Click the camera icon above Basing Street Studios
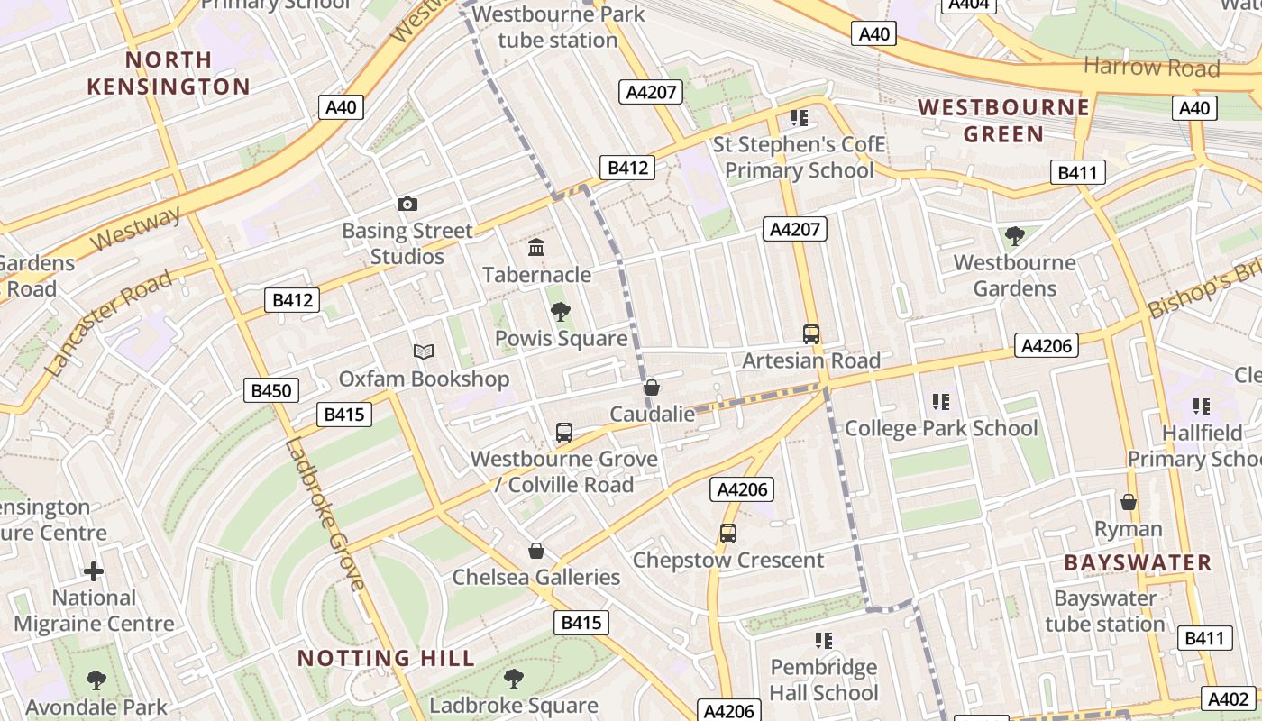pyautogui.click(x=407, y=205)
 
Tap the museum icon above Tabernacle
pyautogui.click(x=536, y=247)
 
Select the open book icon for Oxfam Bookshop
pyautogui.click(x=424, y=351)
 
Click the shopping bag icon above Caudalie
pyautogui.click(x=652, y=388)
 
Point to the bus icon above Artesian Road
pyautogui.click(x=811, y=334)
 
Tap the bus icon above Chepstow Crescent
pyautogui.click(x=728, y=533)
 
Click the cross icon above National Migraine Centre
pyautogui.click(x=94, y=571)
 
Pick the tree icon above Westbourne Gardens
pyautogui.click(x=1014, y=236)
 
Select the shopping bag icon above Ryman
pyautogui.click(x=1128, y=502)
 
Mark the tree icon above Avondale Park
pyautogui.click(x=96, y=680)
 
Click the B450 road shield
pyautogui.click(x=271, y=390)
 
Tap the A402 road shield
pyautogui.click(x=1228, y=698)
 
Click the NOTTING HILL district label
pyautogui.click(x=386, y=658)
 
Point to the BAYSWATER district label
pyautogui.click(x=1138, y=563)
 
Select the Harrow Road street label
pyautogui.click(x=1151, y=67)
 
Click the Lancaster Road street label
pyautogui.click(x=107, y=323)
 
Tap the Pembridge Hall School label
pyautogui.click(x=823, y=680)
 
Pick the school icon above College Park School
pyautogui.click(x=941, y=402)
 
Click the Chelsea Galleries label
pyautogui.click(x=536, y=577)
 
